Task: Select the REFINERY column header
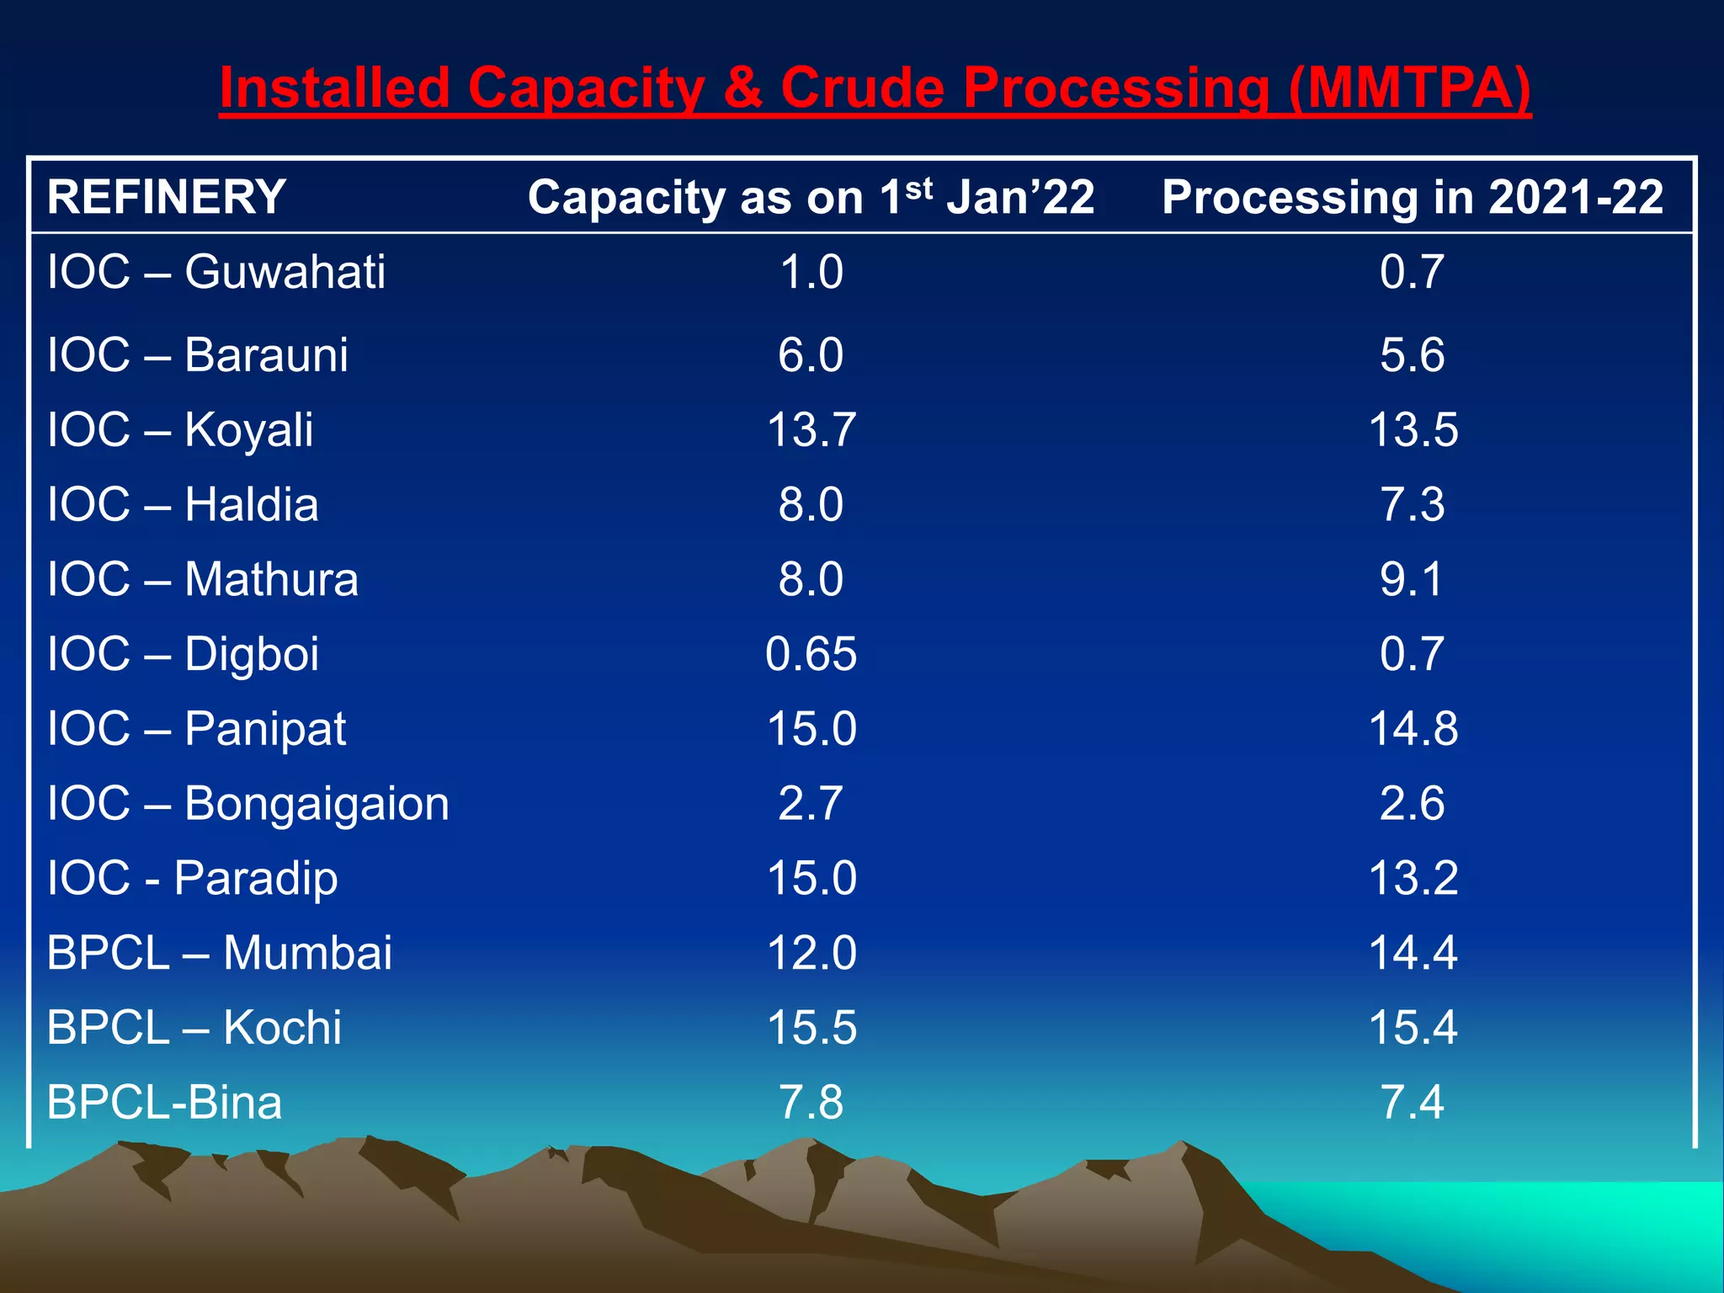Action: click(x=167, y=197)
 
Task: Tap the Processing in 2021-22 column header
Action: click(x=1413, y=197)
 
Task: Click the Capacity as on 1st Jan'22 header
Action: click(x=811, y=197)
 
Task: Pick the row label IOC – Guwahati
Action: click(x=216, y=272)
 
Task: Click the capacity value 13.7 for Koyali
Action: click(x=811, y=429)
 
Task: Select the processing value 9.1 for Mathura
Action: click(x=1412, y=579)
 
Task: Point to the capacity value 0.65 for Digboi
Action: click(x=811, y=654)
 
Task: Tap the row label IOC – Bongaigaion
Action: click(x=248, y=804)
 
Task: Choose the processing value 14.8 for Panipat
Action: click(x=1413, y=728)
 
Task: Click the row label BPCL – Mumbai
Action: click(x=220, y=953)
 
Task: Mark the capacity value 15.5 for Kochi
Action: click(x=811, y=1028)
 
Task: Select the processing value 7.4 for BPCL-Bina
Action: click(x=1412, y=1102)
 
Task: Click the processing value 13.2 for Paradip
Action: click(x=1413, y=878)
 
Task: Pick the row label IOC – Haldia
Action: click(x=183, y=504)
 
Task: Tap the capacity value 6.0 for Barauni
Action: click(x=811, y=354)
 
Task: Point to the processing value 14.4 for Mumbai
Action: click(x=1413, y=953)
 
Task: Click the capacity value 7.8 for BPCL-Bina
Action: click(x=811, y=1102)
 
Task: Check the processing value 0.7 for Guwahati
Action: click(x=1412, y=272)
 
